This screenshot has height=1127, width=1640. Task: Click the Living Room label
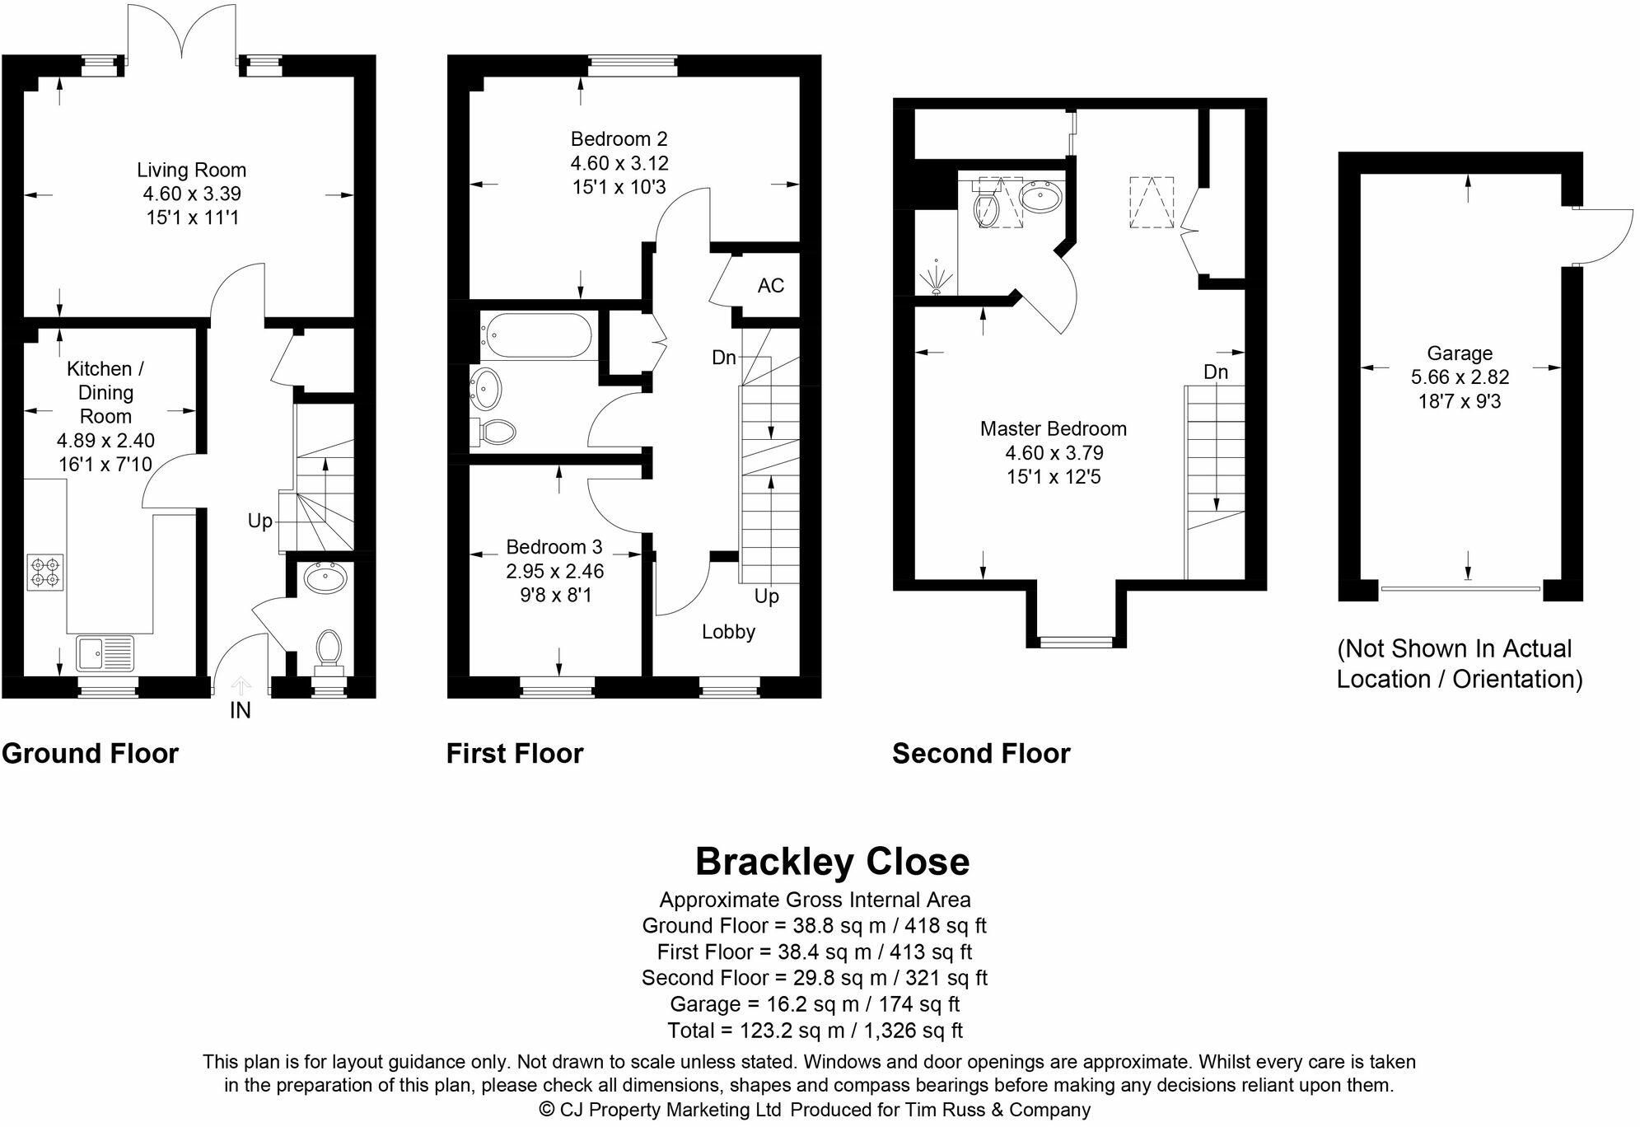(x=191, y=171)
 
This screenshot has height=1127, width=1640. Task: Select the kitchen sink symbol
(x=105, y=654)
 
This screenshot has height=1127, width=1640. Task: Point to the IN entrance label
(x=240, y=710)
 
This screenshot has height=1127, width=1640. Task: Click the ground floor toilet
(x=329, y=648)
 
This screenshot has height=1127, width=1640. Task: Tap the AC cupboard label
(x=771, y=286)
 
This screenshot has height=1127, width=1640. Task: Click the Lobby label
(x=728, y=632)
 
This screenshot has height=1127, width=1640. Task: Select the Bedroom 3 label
(x=554, y=547)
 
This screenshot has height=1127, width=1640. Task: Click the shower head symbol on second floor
(x=937, y=278)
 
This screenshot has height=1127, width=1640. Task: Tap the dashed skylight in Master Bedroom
(x=1152, y=202)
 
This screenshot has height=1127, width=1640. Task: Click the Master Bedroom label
(x=1053, y=429)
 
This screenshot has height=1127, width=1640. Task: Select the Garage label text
(x=1460, y=353)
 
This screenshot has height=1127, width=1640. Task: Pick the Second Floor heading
(x=981, y=754)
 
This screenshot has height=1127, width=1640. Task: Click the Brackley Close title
(x=832, y=862)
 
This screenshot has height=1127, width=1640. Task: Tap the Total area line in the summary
(x=815, y=1031)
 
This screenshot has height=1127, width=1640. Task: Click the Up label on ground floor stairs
(x=260, y=521)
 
